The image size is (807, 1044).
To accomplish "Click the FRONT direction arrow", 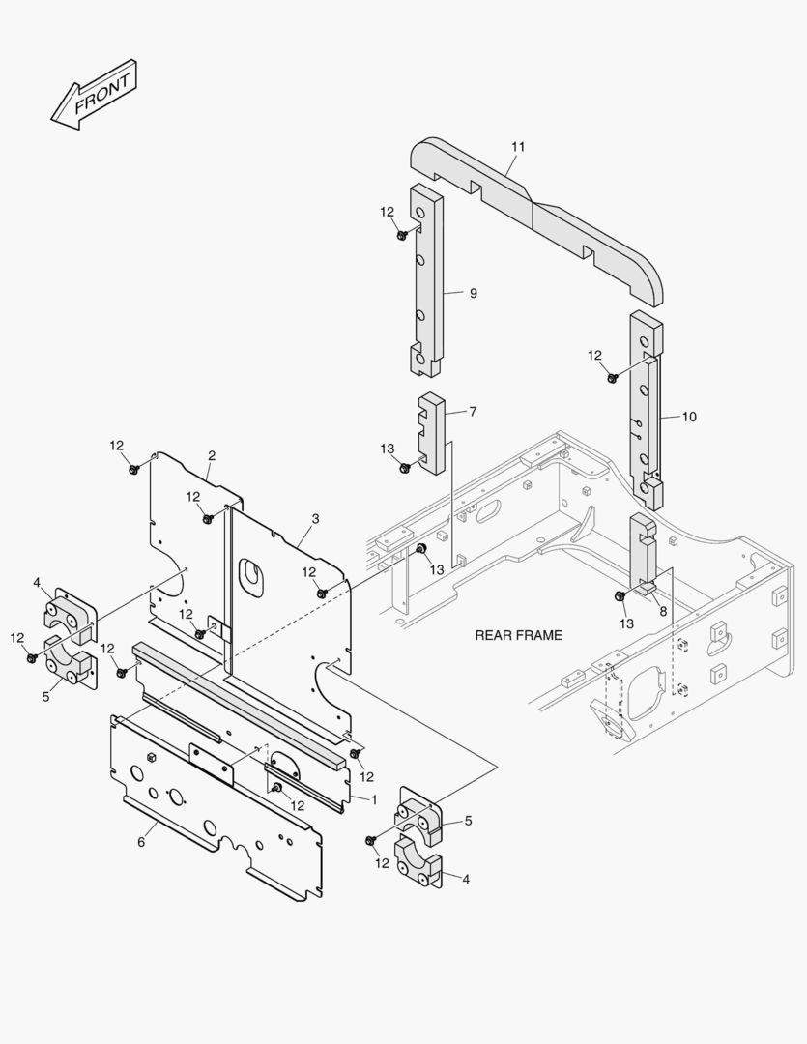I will [94, 94].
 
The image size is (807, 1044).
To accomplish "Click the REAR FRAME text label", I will [518, 635].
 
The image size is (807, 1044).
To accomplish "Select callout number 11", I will [518, 146].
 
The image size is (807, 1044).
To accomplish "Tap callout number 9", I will [473, 293].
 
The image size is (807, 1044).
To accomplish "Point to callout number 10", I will [689, 417].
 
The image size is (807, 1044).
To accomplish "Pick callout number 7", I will [473, 412].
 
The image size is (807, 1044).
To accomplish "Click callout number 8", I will [663, 611].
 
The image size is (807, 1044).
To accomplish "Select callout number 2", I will [212, 455].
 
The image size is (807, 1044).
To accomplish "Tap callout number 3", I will [315, 519].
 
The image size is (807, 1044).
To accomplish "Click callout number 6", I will [141, 842].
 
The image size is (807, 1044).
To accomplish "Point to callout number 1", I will [374, 799].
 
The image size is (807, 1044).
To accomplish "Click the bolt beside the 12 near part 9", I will [402, 234].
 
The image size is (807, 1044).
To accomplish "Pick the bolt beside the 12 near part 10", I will [612, 377].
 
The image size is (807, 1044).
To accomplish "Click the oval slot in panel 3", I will [253, 572].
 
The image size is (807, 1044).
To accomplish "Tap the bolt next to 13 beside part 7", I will [405, 468].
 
